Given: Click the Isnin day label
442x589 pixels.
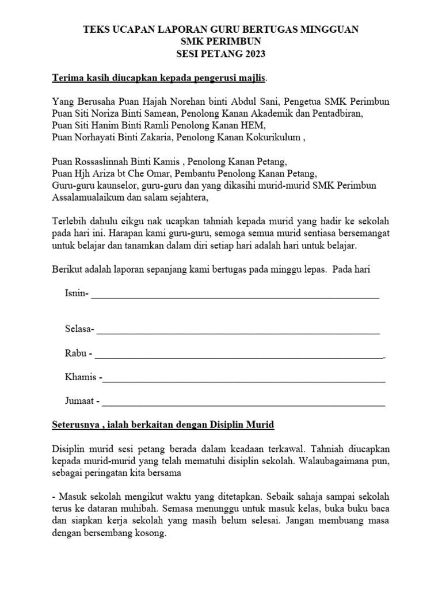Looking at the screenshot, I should pyautogui.click(x=75, y=294).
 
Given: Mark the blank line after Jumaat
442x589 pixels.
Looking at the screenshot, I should pyautogui.click(x=244, y=402).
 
